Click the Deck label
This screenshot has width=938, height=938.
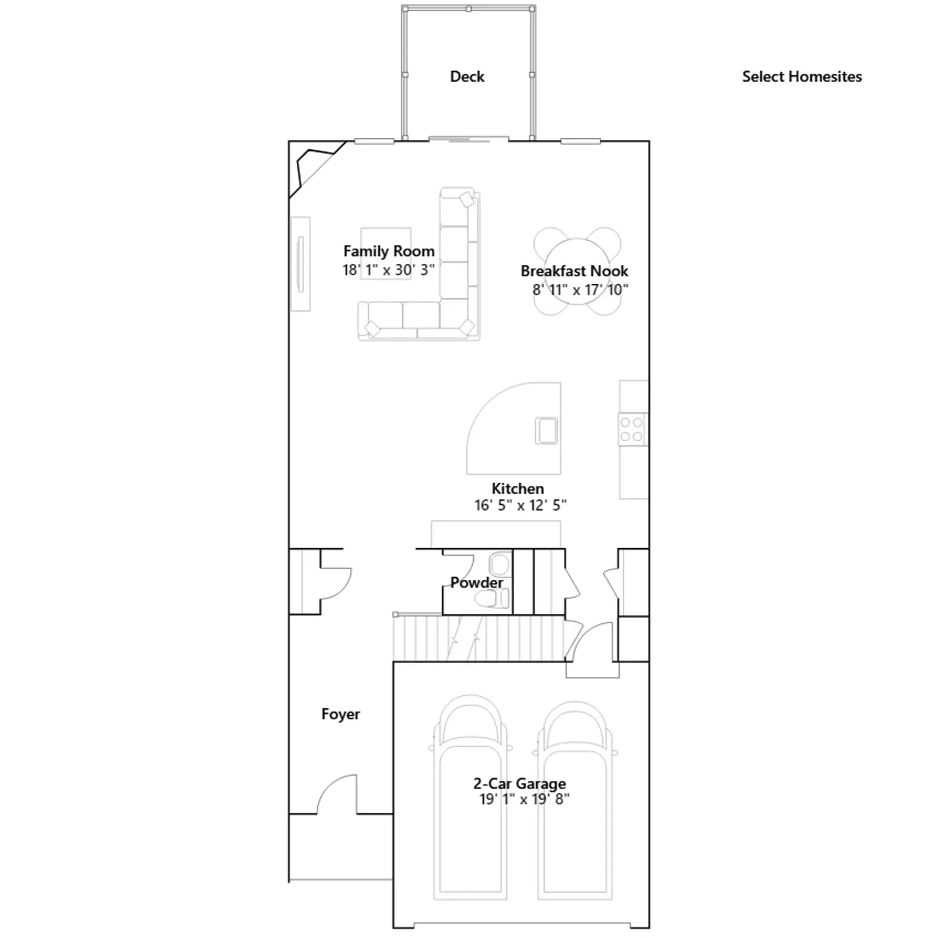click(467, 77)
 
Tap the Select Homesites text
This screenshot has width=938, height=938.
click(802, 77)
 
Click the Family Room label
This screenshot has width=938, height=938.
click(389, 252)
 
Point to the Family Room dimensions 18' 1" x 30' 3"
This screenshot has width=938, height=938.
click(389, 270)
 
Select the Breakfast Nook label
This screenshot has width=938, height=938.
click(575, 271)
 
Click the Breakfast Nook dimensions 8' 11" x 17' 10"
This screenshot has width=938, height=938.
click(580, 290)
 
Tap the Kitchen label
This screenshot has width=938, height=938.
click(518, 488)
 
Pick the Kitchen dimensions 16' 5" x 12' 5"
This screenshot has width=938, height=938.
click(521, 505)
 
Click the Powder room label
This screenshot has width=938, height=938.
click(477, 583)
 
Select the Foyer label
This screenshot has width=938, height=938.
click(341, 714)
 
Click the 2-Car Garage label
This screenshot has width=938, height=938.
click(519, 784)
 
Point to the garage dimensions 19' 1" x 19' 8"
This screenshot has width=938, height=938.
click(524, 799)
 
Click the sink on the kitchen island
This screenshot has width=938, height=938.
click(546, 430)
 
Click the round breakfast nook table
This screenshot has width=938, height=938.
click(577, 271)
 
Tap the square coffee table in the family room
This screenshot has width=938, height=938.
click(386, 253)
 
